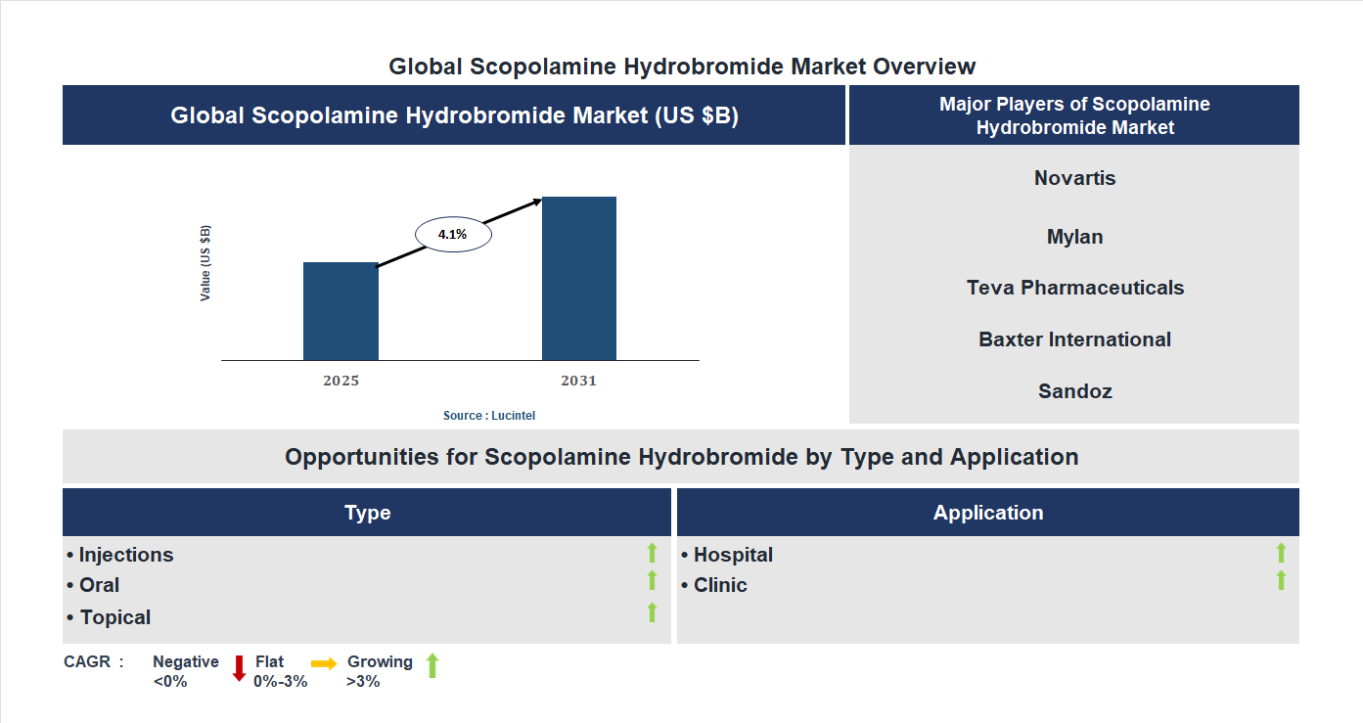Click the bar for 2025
tap(341, 311)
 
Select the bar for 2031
tap(579, 279)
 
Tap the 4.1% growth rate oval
tap(453, 235)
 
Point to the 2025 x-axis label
tap(341, 381)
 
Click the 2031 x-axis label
tap(578, 381)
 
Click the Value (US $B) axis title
tap(205, 263)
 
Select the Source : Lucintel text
tap(489, 416)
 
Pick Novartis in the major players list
tap(1074, 178)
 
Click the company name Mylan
tap(1074, 237)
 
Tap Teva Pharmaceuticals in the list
tap(1074, 288)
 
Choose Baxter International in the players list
tap(1074, 339)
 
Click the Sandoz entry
tap(1074, 391)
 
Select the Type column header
tap(367, 513)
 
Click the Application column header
tap(987, 513)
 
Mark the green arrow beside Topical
tap(652, 613)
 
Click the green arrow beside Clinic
tap(1281, 581)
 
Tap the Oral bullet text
tap(99, 585)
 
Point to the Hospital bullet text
tap(733, 555)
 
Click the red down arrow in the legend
tap(239, 668)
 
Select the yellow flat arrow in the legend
tap(324, 663)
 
